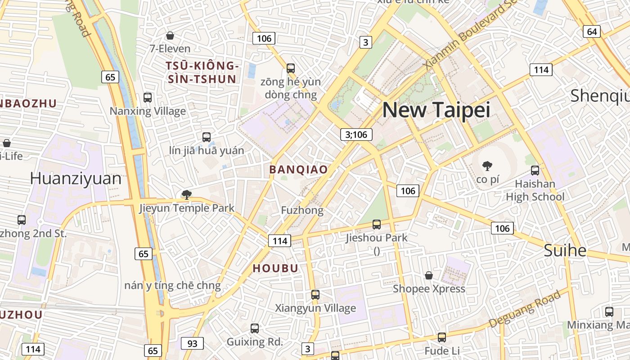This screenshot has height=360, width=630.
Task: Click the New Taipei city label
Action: [x=436, y=110]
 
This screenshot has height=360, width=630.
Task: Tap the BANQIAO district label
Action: [x=298, y=170]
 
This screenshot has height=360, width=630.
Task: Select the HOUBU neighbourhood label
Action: [x=275, y=268]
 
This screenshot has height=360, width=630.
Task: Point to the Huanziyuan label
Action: [x=76, y=179]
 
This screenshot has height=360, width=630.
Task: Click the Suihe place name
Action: [x=565, y=250]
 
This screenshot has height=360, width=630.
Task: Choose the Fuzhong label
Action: [x=302, y=210]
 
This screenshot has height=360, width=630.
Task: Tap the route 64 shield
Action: [x=592, y=31]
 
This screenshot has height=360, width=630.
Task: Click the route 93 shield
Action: [x=192, y=344]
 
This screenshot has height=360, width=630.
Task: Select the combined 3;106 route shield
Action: [x=356, y=134]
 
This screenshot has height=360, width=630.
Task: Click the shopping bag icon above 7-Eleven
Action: [x=170, y=36]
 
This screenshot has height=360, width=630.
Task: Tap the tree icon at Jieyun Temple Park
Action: [x=186, y=195]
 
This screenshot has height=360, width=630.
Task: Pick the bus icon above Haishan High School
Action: [x=535, y=171]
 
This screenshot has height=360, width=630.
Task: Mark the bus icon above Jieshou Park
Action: [x=377, y=224]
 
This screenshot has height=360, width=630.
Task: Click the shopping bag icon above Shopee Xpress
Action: [x=429, y=275]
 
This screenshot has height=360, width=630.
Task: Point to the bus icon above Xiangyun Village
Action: [x=315, y=295]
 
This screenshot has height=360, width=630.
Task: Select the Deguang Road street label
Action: [x=525, y=309]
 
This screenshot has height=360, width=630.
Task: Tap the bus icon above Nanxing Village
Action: [x=148, y=98]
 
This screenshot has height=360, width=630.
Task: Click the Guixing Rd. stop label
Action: [x=255, y=342]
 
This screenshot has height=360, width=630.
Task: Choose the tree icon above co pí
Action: [x=487, y=166]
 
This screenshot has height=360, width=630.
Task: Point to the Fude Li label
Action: [x=442, y=351]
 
